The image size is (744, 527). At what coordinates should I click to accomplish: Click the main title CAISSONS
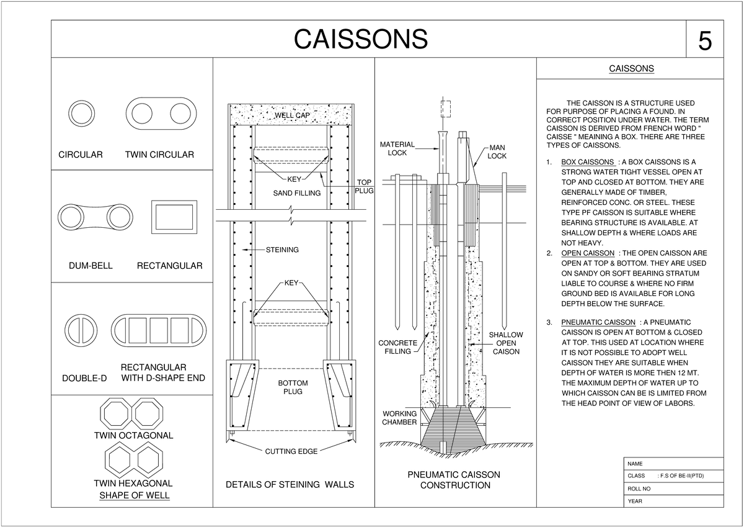[360, 39]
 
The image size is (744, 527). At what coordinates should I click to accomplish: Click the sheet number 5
[705, 41]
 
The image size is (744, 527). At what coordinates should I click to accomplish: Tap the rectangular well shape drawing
[174, 217]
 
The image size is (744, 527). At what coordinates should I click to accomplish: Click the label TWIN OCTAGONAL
[133, 435]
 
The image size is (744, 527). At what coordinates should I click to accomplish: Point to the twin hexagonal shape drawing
[133, 461]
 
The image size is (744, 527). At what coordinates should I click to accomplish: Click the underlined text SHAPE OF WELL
[135, 495]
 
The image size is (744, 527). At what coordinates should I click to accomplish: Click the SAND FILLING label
[297, 193]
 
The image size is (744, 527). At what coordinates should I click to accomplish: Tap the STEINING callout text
[282, 250]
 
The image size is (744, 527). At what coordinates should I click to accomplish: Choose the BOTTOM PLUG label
[293, 387]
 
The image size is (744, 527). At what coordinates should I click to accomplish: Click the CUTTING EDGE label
[291, 451]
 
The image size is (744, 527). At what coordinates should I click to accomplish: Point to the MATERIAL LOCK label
[397, 148]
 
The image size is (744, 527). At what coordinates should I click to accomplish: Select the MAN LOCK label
[497, 151]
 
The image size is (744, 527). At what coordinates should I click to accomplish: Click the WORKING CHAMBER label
[399, 418]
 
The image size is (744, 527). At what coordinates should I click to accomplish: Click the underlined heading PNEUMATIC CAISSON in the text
[598, 323]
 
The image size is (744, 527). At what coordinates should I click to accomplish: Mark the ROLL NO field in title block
[639, 489]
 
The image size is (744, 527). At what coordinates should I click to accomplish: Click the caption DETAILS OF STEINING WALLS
[290, 484]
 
